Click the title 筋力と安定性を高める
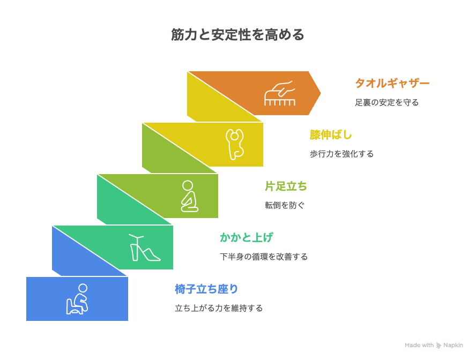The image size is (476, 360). (237, 35)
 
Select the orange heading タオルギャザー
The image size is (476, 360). (392, 83)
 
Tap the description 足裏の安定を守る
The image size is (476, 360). (387, 102)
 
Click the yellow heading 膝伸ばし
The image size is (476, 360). (331, 134)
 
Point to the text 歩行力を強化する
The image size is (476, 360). (341, 154)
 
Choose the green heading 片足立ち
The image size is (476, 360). (286, 186)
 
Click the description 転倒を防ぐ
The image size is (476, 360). (285, 205)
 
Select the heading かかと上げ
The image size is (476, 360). (247, 237)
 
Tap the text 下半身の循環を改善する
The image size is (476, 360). (264, 257)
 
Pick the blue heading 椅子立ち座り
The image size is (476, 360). (206, 289)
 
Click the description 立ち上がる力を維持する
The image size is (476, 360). (219, 308)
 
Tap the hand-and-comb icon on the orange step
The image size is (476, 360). (280, 93)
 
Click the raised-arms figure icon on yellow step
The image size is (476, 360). (235, 144)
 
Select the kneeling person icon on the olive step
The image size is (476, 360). (189, 196)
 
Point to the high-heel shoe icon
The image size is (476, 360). (145, 247)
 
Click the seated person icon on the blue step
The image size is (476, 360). (77, 299)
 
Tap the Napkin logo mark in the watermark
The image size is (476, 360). (438, 346)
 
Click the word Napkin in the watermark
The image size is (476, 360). (453, 345)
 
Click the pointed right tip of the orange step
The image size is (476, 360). (321, 93)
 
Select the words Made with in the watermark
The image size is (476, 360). (419, 345)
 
